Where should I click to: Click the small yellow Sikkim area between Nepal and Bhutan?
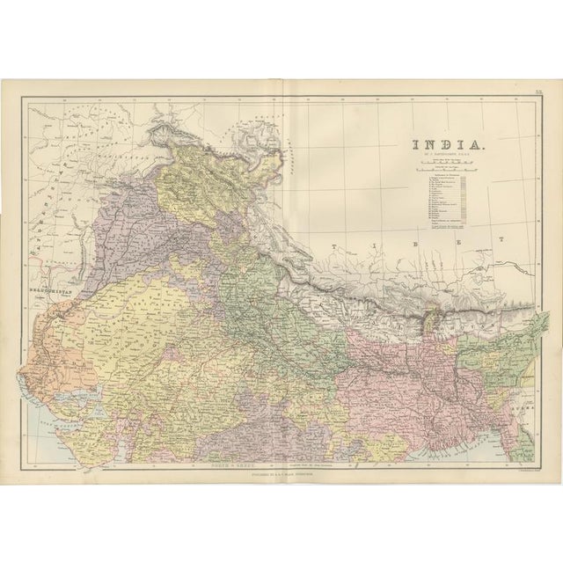(x=433, y=315)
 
